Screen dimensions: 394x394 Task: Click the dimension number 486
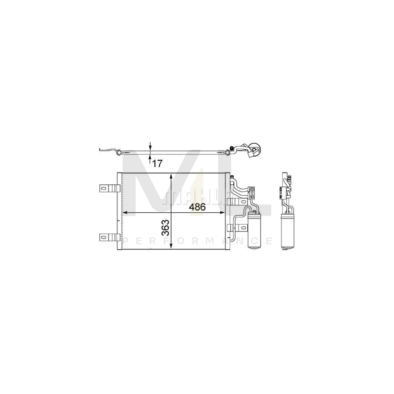coord(197,207)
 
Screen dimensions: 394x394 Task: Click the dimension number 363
coord(165,228)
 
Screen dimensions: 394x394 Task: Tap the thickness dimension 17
coord(158,164)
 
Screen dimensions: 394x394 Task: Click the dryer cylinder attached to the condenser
coord(253,230)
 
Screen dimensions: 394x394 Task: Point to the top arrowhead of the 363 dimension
coord(171,176)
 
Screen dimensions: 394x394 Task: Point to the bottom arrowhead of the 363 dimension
coord(171,247)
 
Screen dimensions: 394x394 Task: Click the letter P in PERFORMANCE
coord(127,241)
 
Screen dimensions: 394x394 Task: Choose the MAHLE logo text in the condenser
coord(179,196)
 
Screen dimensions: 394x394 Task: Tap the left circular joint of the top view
coord(117,152)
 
